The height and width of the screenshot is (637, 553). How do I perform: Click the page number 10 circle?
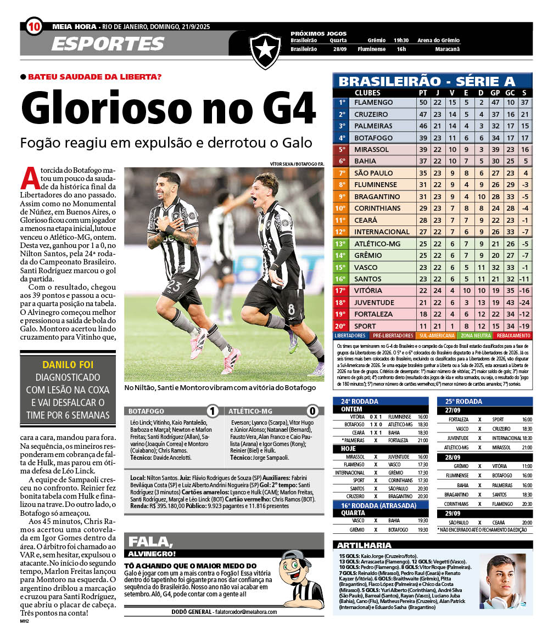click(x=33, y=26)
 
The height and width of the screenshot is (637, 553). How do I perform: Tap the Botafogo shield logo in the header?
click(x=265, y=50)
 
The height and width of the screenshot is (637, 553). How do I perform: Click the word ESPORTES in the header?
click(x=108, y=44)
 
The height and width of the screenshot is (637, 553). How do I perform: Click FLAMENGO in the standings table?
click(x=373, y=103)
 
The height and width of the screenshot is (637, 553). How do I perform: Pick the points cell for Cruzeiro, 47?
click(x=423, y=114)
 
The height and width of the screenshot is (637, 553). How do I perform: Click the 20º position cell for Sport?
click(x=341, y=326)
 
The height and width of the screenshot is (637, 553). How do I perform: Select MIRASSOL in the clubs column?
click(x=371, y=149)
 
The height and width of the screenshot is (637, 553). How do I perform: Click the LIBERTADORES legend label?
click(x=350, y=335)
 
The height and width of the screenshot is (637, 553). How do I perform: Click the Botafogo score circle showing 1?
click(x=213, y=411)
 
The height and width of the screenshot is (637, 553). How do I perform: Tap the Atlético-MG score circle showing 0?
click(x=312, y=411)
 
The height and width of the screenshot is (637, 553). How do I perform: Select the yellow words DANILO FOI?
click(x=68, y=364)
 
